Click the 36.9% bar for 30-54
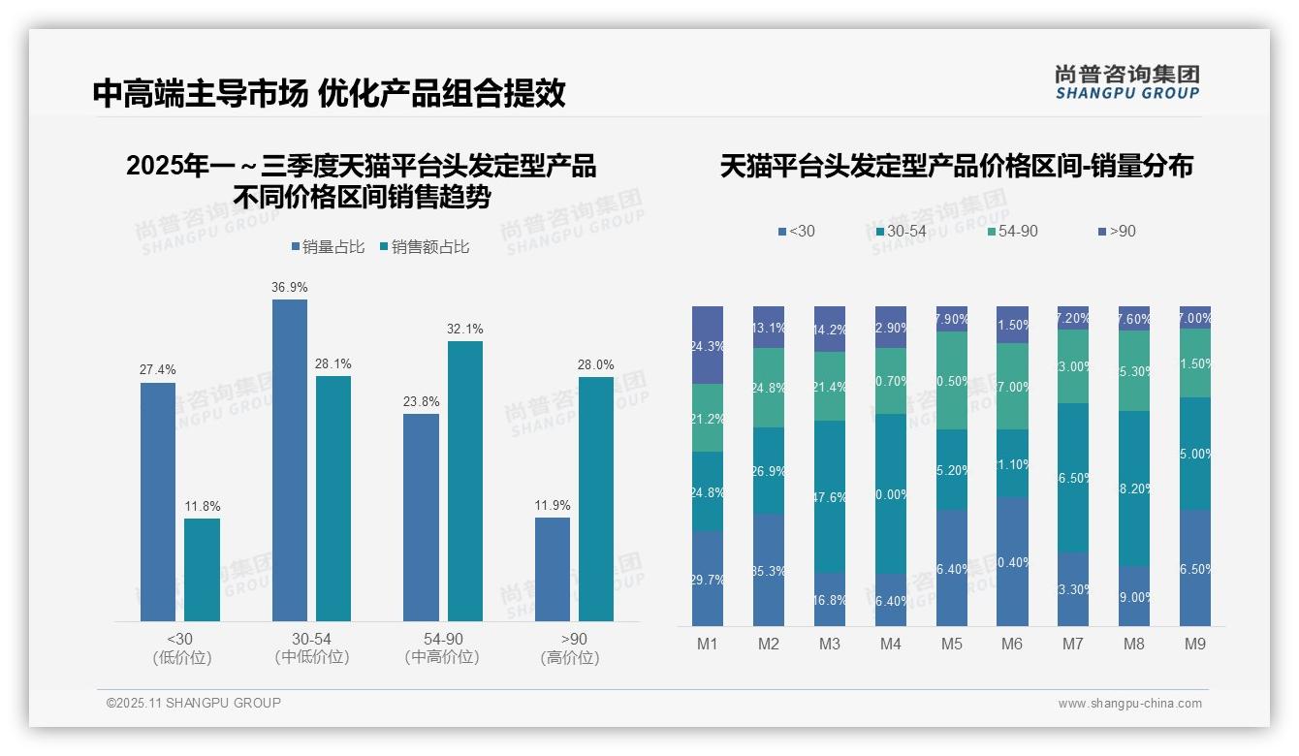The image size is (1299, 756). click(x=290, y=460)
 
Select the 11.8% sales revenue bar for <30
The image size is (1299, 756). click(x=202, y=570)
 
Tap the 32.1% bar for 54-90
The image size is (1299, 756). click(x=465, y=481)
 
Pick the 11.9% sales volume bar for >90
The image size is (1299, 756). click(x=553, y=569)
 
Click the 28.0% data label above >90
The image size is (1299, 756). click(x=596, y=364)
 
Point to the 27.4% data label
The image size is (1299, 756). click(x=158, y=370)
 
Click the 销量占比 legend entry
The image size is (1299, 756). click(x=328, y=247)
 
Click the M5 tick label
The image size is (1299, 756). click(x=952, y=645)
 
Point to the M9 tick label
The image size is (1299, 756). click(x=1195, y=645)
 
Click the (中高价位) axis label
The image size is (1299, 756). click(x=443, y=657)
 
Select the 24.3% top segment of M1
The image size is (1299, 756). click(x=708, y=345)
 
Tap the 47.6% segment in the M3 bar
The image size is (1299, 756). click(x=830, y=496)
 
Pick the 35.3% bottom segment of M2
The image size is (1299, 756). click(x=769, y=570)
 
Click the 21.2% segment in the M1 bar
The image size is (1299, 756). click(x=708, y=418)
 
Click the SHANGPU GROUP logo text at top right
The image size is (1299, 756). click(x=1127, y=94)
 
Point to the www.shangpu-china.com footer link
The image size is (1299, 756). click(x=1129, y=704)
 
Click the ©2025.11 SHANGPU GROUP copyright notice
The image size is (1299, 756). click(x=194, y=703)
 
